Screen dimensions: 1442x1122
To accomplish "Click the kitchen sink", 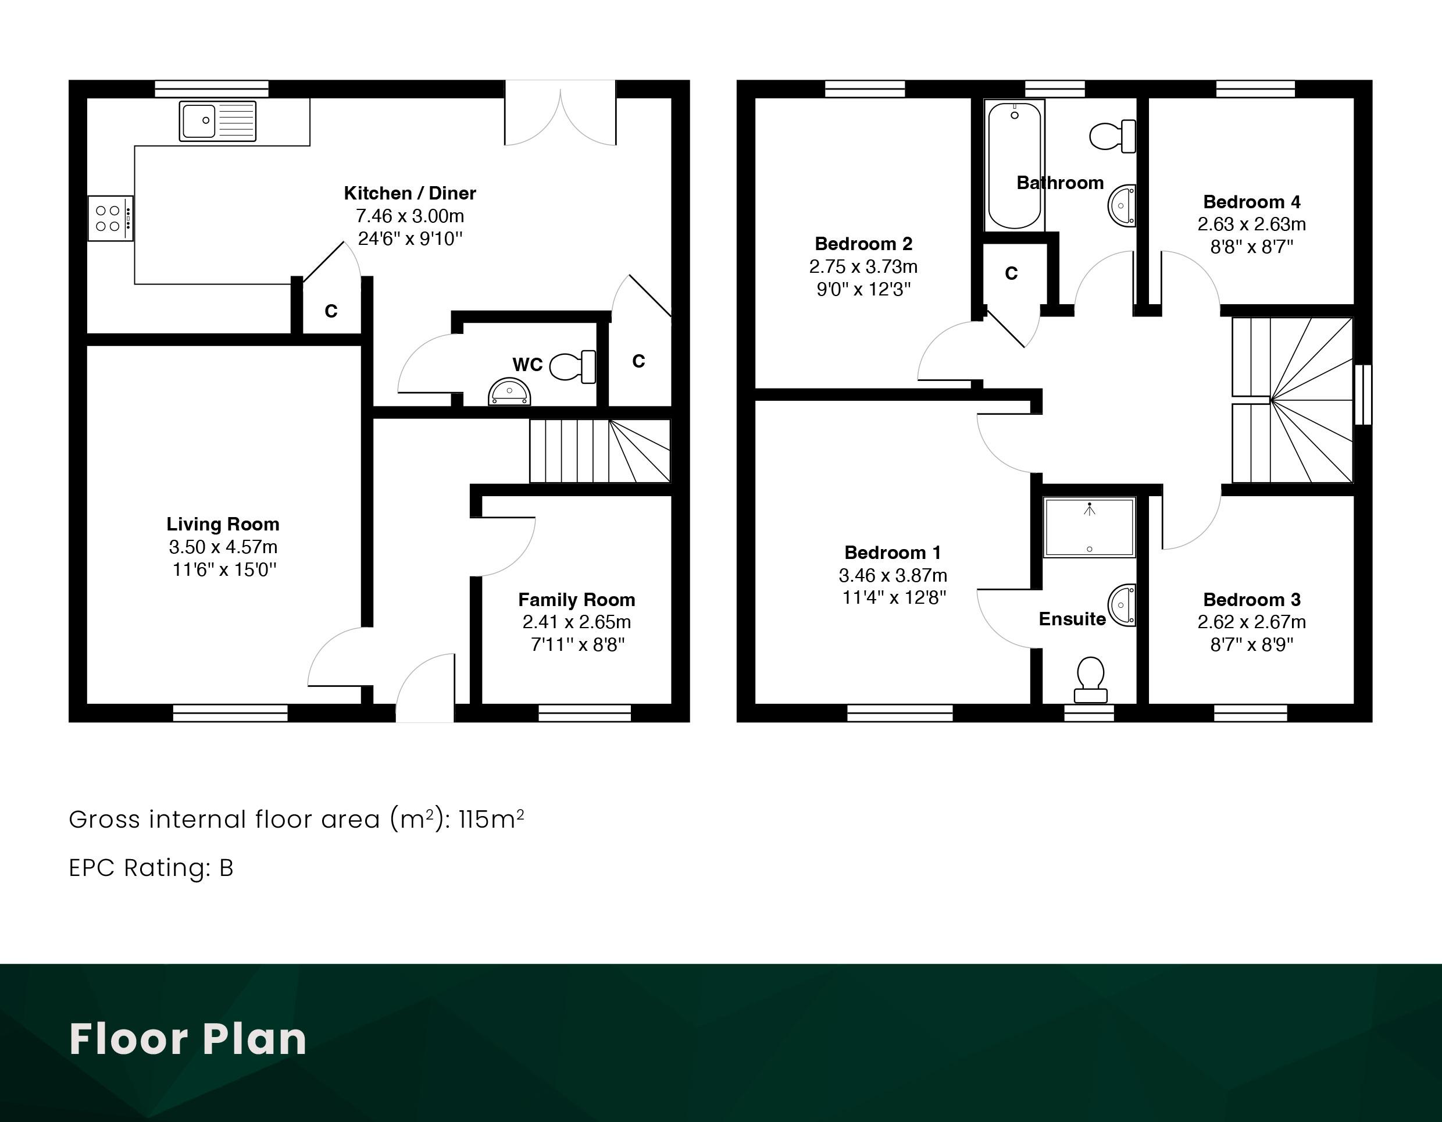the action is pyautogui.click(x=218, y=121).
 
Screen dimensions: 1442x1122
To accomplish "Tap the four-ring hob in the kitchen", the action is pyautogui.click(x=110, y=219).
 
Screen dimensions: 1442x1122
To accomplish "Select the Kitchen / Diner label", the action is pyautogui.click(x=409, y=193).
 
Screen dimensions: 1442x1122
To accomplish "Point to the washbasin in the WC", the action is pyautogui.click(x=509, y=391).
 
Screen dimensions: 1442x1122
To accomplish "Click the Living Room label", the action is pyautogui.click(x=223, y=524).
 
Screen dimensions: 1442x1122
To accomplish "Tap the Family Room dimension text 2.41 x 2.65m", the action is pyautogui.click(x=576, y=622).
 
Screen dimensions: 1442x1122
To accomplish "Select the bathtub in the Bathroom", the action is pyautogui.click(x=1014, y=165).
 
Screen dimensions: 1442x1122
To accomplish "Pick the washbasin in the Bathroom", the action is pyautogui.click(x=1122, y=205).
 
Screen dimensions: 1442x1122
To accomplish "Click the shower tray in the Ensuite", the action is pyautogui.click(x=1090, y=528).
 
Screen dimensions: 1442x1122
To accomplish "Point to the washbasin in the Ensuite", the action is pyautogui.click(x=1122, y=605).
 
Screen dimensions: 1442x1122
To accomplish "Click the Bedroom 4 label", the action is pyautogui.click(x=1251, y=201).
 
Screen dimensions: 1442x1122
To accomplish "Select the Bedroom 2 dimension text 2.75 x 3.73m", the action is pyautogui.click(x=863, y=267).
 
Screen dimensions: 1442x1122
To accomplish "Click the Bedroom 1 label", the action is pyautogui.click(x=893, y=552).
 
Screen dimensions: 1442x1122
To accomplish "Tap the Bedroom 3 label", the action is pyautogui.click(x=1251, y=600).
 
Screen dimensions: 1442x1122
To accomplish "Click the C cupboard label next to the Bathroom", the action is pyautogui.click(x=1011, y=273).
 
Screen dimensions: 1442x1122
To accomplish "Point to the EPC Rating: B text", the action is pyautogui.click(x=151, y=868).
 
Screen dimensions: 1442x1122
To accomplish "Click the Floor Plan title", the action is pyautogui.click(x=188, y=1039).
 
